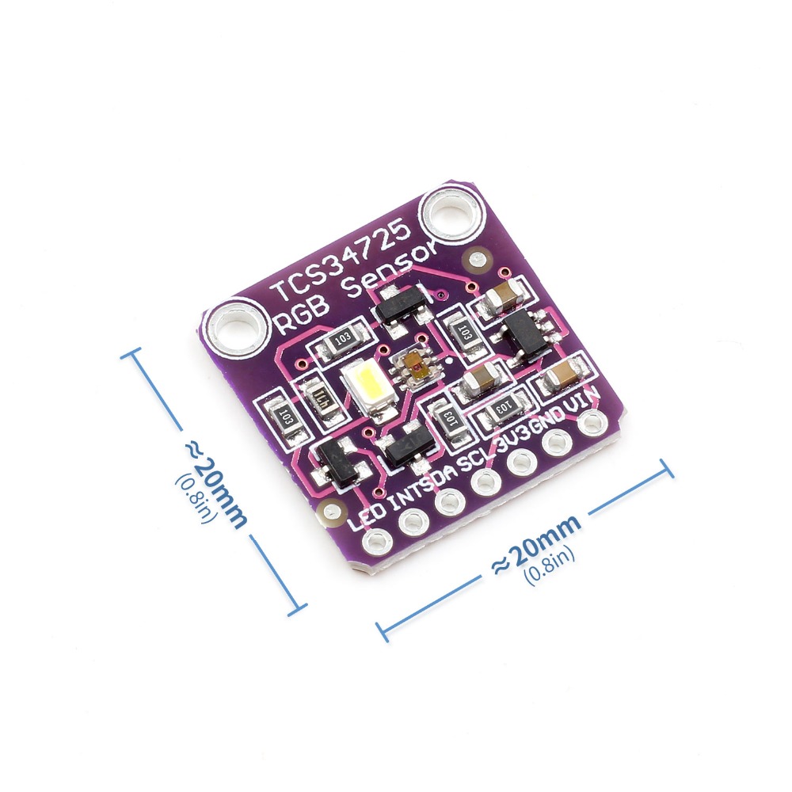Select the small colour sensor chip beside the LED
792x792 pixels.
pyautogui.click(x=414, y=367)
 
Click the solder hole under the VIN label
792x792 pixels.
pyautogui.click(x=591, y=425)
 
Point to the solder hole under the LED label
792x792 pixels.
pyautogui.click(x=373, y=542)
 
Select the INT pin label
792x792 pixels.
pyautogui.click(x=409, y=495)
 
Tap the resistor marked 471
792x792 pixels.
pyautogui.click(x=318, y=398)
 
